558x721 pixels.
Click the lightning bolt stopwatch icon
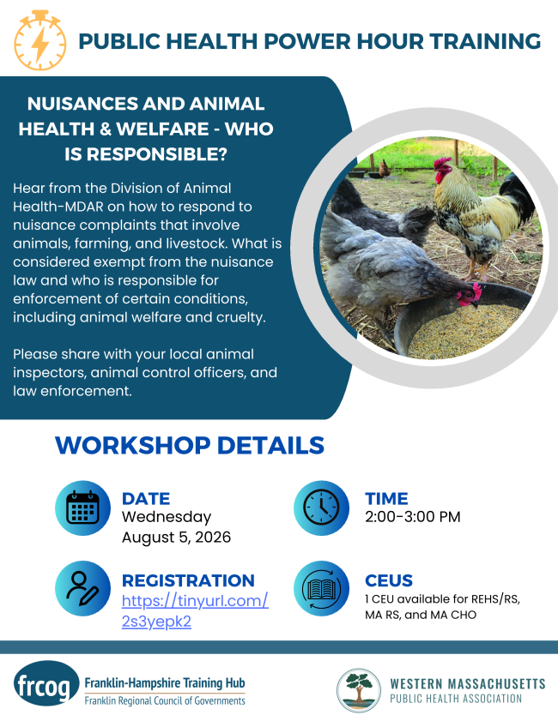[40, 40]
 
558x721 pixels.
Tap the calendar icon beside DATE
[83, 508]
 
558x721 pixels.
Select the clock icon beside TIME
[321, 508]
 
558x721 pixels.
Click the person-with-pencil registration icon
[83, 588]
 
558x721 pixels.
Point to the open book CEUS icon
[321, 588]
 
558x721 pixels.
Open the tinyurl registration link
[195, 611]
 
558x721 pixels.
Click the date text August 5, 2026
[176, 537]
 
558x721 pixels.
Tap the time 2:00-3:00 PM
[413, 517]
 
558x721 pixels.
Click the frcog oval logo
[46, 683]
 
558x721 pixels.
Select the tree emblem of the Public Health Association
[359, 690]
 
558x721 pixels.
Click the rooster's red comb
[442, 162]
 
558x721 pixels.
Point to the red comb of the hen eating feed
[476, 290]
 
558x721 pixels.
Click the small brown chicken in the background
[384, 170]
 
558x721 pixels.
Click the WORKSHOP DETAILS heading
[190, 445]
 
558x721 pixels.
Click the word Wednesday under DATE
[167, 517]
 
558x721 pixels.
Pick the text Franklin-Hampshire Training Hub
[165, 683]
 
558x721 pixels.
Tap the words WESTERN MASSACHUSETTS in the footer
[468, 684]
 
